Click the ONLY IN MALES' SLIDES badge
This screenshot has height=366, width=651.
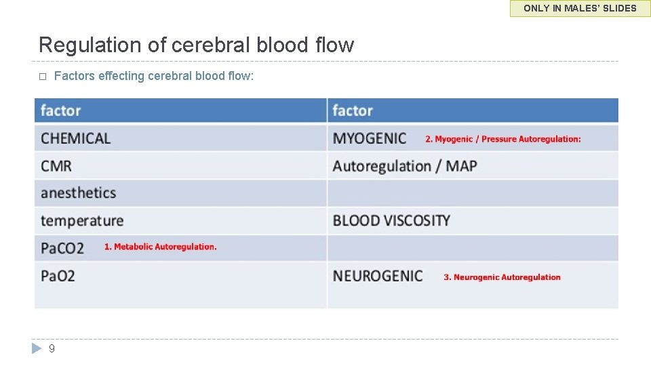coord(580,9)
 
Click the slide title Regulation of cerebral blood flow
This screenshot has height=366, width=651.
coord(196,45)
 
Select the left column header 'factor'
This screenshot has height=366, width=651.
coord(60,110)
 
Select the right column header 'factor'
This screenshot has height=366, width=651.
coord(353,110)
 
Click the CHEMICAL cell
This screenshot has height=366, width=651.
coord(75,138)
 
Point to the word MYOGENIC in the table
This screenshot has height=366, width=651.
coord(370,138)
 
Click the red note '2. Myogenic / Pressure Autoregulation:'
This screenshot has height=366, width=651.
coord(502,139)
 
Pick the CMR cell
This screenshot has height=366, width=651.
coord(56,166)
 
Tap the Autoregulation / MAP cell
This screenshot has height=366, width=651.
coord(405,166)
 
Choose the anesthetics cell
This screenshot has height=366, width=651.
coord(79,193)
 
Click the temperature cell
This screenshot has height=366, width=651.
coord(82,221)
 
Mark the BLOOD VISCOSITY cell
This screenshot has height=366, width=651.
coord(391,221)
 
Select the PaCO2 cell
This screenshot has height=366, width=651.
coord(62,248)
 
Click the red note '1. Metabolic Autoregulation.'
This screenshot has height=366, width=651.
coord(160,247)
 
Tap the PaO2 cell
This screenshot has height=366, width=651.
coord(58,276)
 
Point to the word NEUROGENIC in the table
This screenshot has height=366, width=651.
coord(378,276)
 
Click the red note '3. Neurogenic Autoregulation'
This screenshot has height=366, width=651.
coord(502,277)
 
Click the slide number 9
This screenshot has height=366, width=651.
coord(52,349)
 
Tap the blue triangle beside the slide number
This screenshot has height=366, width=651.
coord(37,349)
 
